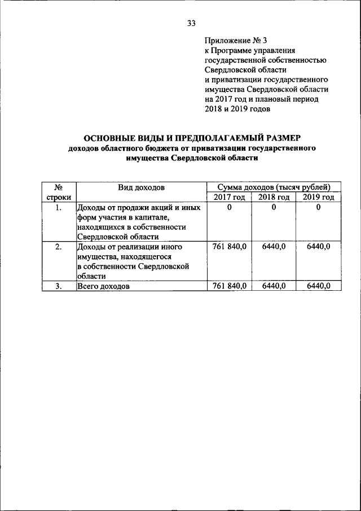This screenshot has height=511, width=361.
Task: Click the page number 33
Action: (191, 23)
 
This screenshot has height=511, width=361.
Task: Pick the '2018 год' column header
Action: (274, 197)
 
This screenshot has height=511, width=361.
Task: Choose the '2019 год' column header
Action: (318, 197)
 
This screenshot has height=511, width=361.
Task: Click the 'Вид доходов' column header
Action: (141, 187)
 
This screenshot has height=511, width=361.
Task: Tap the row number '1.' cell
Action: (58, 207)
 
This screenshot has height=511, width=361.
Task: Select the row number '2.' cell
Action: (58, 247)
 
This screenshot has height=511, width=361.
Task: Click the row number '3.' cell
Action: (58, 286)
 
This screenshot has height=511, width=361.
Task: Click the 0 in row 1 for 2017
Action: (230, 207)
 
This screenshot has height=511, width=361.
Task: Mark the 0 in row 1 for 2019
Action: (318, 207)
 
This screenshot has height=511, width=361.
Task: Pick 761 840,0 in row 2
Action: (230, 247)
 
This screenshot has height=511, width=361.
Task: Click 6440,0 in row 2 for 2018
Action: (274, 247)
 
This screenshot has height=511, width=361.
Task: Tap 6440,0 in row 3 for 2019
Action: (318, 286)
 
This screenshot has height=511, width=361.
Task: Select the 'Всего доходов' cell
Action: (103, 287)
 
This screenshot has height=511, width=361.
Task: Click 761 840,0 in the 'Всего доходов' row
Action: (230, 286)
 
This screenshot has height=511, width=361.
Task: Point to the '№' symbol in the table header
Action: (58, 187)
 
